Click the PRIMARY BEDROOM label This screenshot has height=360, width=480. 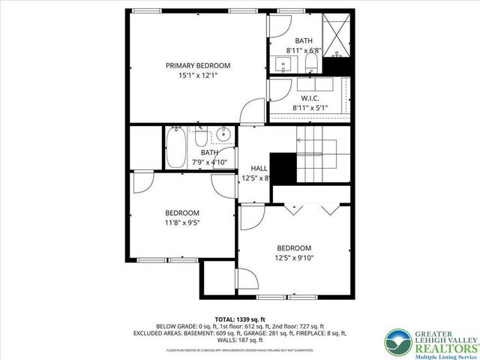pos(198,65)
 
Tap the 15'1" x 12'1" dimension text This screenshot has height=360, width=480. pos(198,76)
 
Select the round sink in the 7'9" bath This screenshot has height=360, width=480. pos(222,136)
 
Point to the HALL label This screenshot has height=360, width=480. pos(259,168)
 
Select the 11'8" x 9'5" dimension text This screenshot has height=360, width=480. pos(181,222)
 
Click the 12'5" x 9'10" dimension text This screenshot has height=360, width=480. pos(293,259)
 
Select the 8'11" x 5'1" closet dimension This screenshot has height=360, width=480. pos(310,108)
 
